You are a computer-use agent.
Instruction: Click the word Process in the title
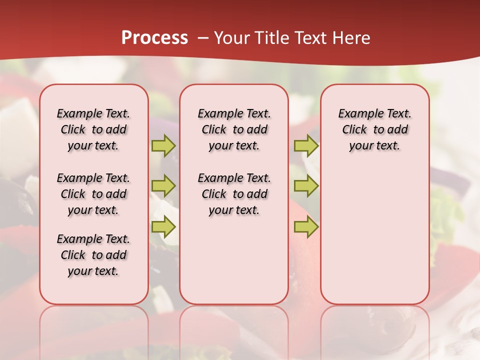pos(154,38)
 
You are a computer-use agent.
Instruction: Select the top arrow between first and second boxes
pos(163,145)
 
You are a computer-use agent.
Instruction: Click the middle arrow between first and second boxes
pos(163,186)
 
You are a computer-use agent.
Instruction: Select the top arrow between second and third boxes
pos(306,145)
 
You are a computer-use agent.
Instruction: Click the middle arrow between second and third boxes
pos(306,186)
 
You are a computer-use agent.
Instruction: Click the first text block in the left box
pos(93,129)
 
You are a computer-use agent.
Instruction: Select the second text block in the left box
pos(93,194)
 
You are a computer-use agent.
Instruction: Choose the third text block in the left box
pos(93,255)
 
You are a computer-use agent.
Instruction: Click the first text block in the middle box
pos(234,129)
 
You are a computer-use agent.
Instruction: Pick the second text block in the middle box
pos(234,194)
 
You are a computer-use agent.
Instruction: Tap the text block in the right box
pos(375,129)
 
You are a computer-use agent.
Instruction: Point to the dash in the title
pos(202,38)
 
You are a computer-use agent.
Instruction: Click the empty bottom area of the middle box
pos(234,265)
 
